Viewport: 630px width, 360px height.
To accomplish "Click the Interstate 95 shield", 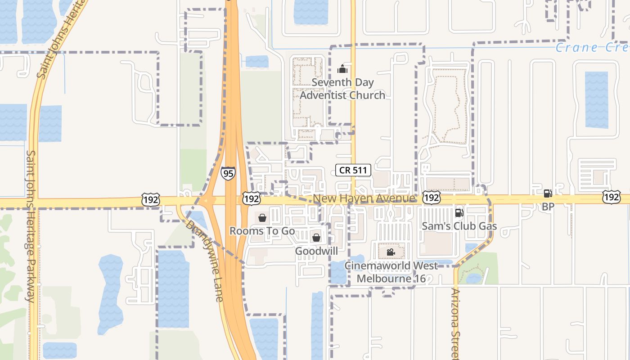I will [x=228, y=173].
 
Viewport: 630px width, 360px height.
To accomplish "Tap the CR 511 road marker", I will [x=353, y=170].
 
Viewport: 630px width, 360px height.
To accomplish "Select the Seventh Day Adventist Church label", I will [x=342, y=89].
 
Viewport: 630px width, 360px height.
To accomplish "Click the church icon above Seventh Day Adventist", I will [x=342, y=69].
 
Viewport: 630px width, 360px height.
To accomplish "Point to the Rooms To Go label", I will [x=262, y=231].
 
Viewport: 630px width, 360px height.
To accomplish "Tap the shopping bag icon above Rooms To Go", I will [x=262, y=218].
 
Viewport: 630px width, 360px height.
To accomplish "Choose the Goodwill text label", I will [x=316, y=251].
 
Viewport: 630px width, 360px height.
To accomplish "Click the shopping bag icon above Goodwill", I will [x=316, y=237].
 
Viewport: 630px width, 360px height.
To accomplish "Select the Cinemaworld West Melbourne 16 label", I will [x=391, y=272].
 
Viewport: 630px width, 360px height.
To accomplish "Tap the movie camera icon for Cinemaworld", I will [x=391, y=252].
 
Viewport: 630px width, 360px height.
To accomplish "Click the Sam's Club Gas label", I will [x=459, y=226].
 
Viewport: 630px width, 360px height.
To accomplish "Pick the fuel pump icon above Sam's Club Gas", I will [x=459, y=213].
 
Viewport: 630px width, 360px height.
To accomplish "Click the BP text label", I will [x=548, y=207].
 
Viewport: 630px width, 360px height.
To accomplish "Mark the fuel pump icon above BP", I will [x=548, y=193].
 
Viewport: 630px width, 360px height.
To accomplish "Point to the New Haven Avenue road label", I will [x=364, y=198].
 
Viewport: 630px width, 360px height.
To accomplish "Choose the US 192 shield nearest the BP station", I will [x=612, y=197].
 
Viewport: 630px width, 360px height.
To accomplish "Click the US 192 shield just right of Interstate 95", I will [x=251, y=198].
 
